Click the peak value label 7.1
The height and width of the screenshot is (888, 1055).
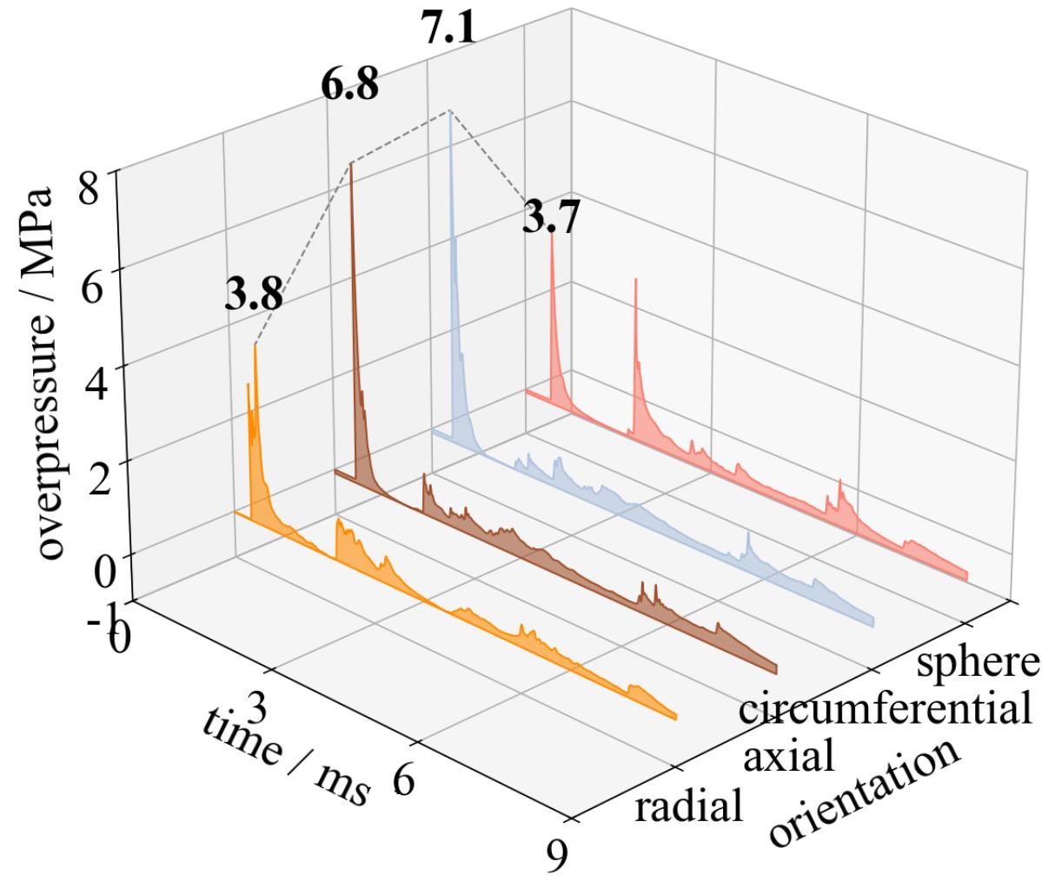(448, 30)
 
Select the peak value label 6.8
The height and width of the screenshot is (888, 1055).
(349, 85)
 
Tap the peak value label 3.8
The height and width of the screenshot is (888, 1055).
(254, 296)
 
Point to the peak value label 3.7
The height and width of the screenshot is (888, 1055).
(551, 217)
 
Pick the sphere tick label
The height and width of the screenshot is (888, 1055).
(978, 662)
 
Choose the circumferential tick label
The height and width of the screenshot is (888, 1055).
(885, 708)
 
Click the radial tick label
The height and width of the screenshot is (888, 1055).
(689, 807)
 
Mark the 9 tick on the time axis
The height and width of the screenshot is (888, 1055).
(555, 858)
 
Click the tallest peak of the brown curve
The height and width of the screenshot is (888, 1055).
(351, 163)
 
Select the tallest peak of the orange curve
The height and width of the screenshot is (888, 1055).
(255, 345)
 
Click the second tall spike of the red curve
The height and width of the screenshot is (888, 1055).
(636, 280)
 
